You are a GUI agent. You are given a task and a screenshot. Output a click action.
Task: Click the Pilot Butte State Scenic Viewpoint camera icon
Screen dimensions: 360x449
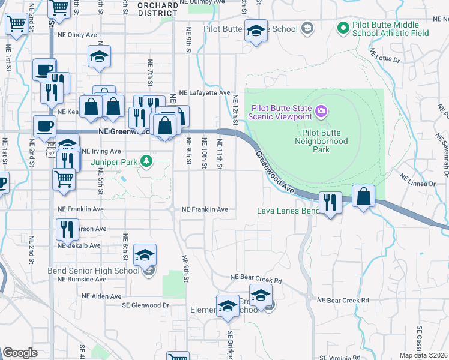pos(321,111)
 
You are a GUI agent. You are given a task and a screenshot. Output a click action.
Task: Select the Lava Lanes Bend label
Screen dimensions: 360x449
pos(288,211)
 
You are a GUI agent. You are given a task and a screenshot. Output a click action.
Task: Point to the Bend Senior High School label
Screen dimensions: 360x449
pos(98,271)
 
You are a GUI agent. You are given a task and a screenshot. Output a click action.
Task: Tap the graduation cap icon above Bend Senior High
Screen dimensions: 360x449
pos(144,255)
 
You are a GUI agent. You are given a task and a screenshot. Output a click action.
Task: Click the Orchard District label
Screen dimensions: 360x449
pos(158,9)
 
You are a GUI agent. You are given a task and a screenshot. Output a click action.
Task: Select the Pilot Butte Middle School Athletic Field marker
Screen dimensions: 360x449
pos(343,27)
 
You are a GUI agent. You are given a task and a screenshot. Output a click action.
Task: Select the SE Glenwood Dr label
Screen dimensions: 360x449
pos(146,305)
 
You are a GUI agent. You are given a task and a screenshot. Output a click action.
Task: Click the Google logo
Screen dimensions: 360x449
pos(20,353)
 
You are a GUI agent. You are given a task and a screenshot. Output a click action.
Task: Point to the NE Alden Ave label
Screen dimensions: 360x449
pos(82,296)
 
